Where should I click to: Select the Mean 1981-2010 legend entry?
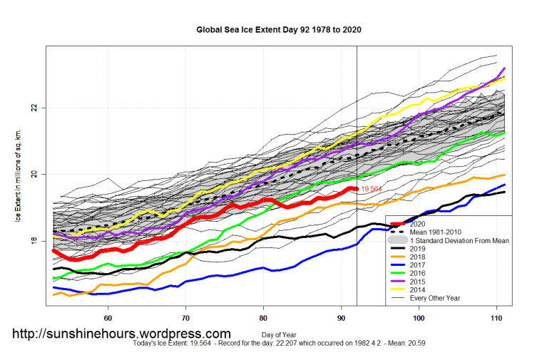click(x=441, y=232)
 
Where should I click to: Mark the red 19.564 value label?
click(x=372, y=190)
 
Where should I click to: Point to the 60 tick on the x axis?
click(x=108, y=319)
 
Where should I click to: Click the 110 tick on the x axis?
click(x=496, y=319)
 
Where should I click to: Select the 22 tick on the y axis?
click(x=34, y=108)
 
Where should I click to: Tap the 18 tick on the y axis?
click(x=34, y=241)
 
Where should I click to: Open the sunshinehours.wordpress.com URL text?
click(x=121, y=334)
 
